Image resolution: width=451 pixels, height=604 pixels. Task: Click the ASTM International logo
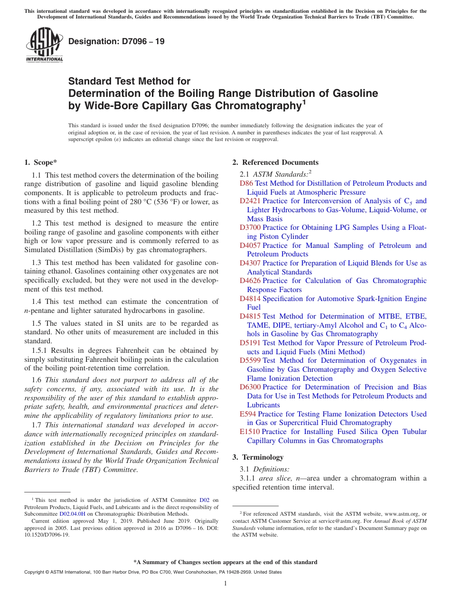point(44,45)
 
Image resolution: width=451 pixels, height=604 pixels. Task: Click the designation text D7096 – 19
point(116,41)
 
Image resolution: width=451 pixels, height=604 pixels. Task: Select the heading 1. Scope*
point(40,162)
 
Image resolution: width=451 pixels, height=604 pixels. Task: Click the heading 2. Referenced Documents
point(275,162)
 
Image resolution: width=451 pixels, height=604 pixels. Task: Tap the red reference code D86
point(246,183)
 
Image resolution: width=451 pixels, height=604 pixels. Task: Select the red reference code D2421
point(250,201)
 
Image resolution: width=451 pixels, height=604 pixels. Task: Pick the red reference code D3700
point(250,227)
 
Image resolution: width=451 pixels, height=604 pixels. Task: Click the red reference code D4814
point(250,299)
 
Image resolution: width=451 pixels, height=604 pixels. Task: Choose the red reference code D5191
point(250,343)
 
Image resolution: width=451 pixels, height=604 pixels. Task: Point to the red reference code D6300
point(250,387)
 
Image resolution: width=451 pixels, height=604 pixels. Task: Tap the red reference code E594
point(248,414)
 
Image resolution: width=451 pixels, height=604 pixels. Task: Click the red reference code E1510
point(250,432)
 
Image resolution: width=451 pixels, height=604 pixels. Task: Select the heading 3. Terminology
point(258,457)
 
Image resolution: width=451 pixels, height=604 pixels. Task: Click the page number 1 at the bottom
point(225,584)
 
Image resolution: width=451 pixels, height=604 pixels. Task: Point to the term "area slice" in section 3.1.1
point(272,478)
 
